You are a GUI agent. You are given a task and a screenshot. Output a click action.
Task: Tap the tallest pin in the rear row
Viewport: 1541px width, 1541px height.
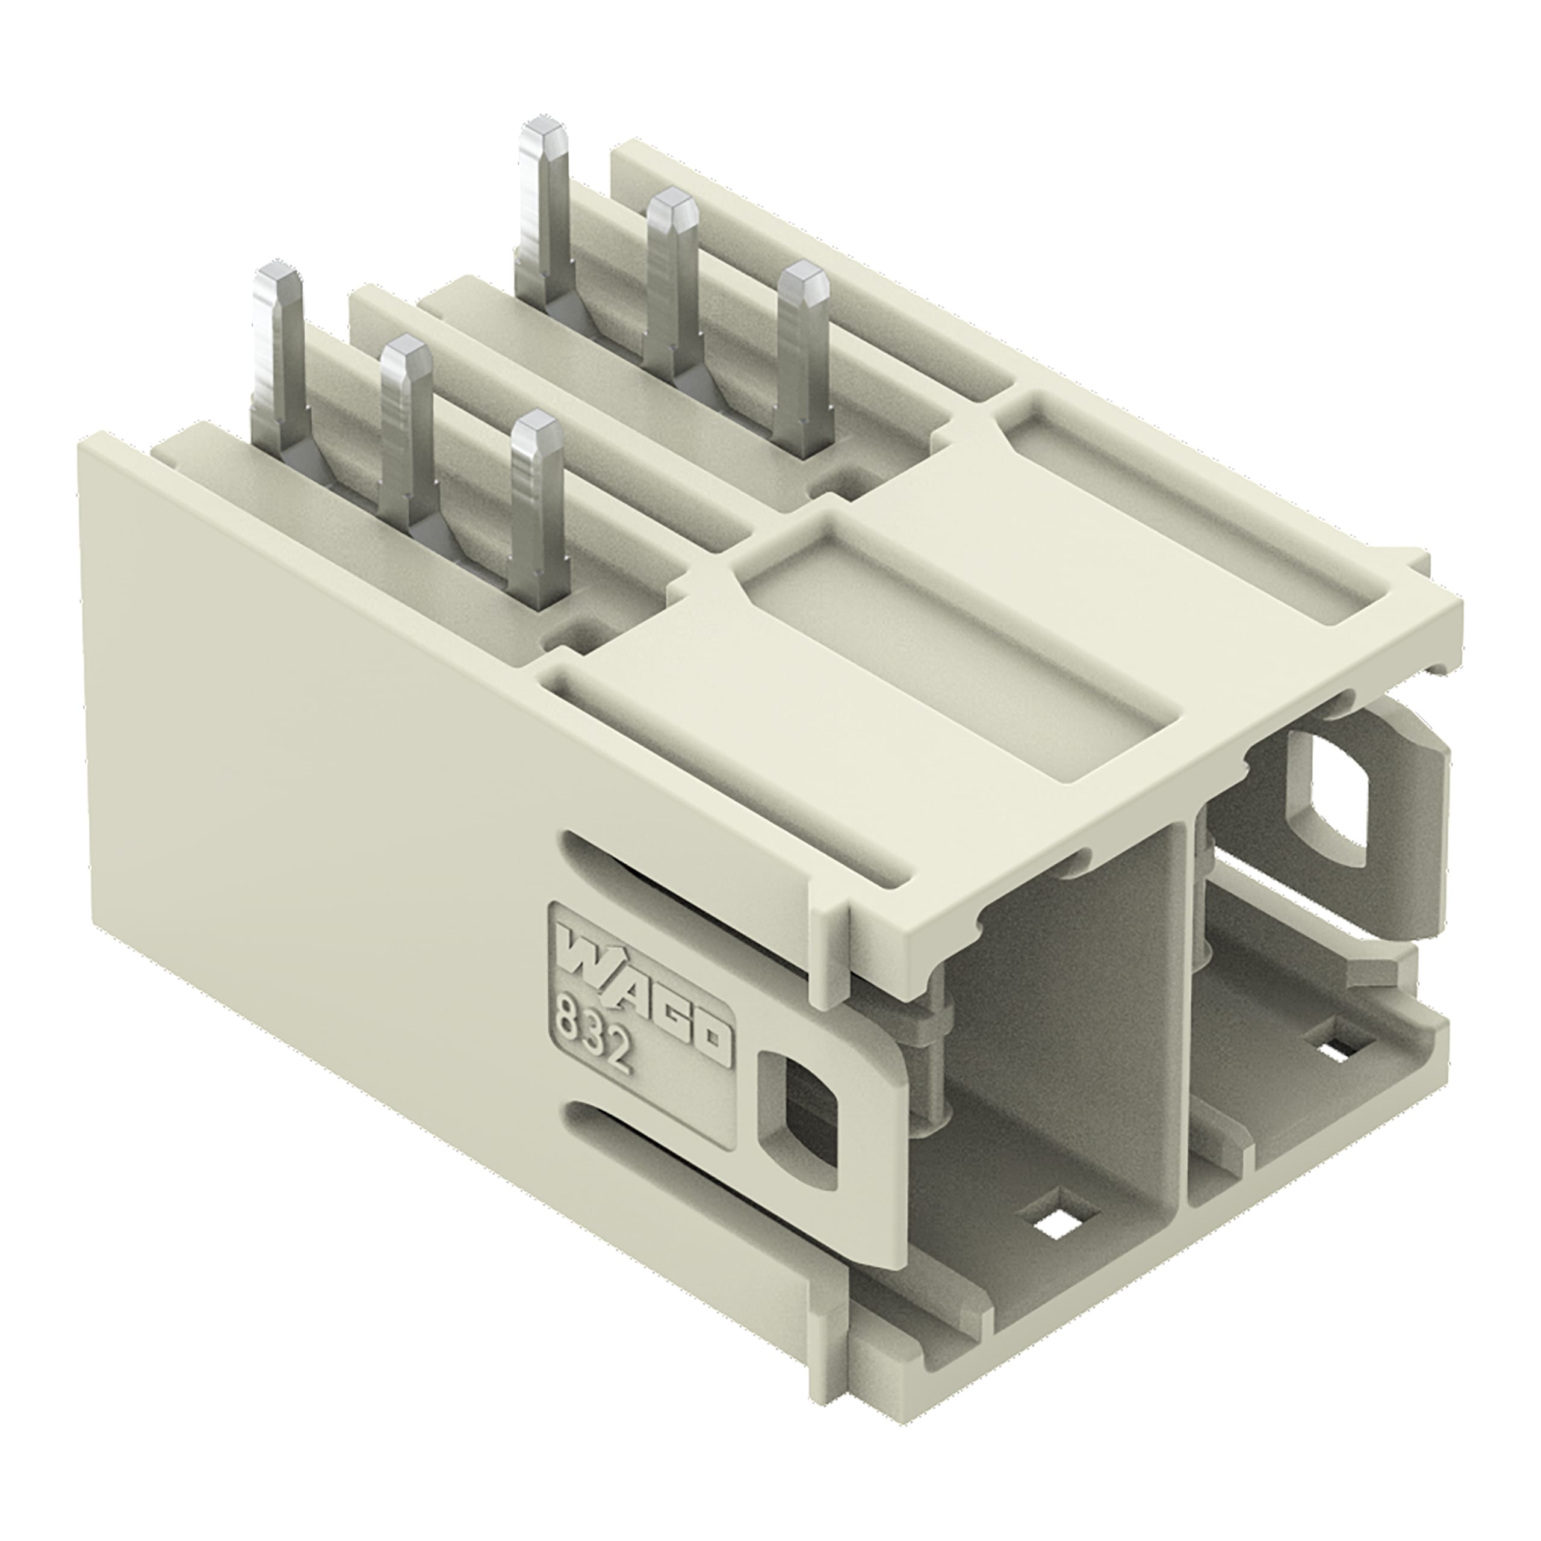[x=545, y=215]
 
